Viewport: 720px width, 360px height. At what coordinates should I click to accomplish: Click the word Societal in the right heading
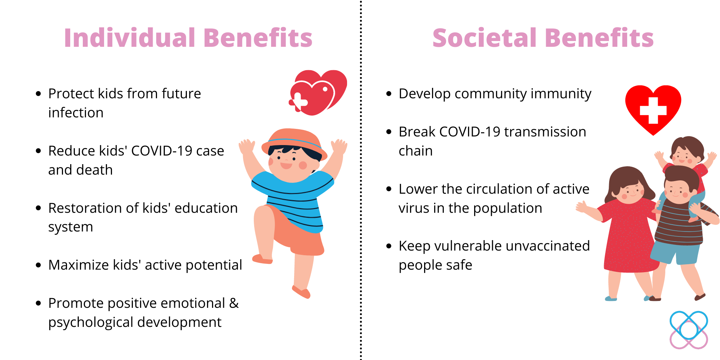[485, 38]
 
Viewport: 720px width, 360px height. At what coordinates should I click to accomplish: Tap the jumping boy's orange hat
[294, 142]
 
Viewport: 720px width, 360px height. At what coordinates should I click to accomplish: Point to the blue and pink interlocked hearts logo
[689, 330]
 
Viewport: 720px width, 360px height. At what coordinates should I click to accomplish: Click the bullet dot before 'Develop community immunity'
[388, 94]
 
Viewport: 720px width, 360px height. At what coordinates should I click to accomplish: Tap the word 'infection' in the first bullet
[76, 113]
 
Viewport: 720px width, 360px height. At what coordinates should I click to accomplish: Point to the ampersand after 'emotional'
[234, 303]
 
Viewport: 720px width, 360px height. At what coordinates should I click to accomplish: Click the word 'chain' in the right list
[415, 151]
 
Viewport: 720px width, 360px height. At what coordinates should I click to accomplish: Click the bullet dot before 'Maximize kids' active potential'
[38, 265]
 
